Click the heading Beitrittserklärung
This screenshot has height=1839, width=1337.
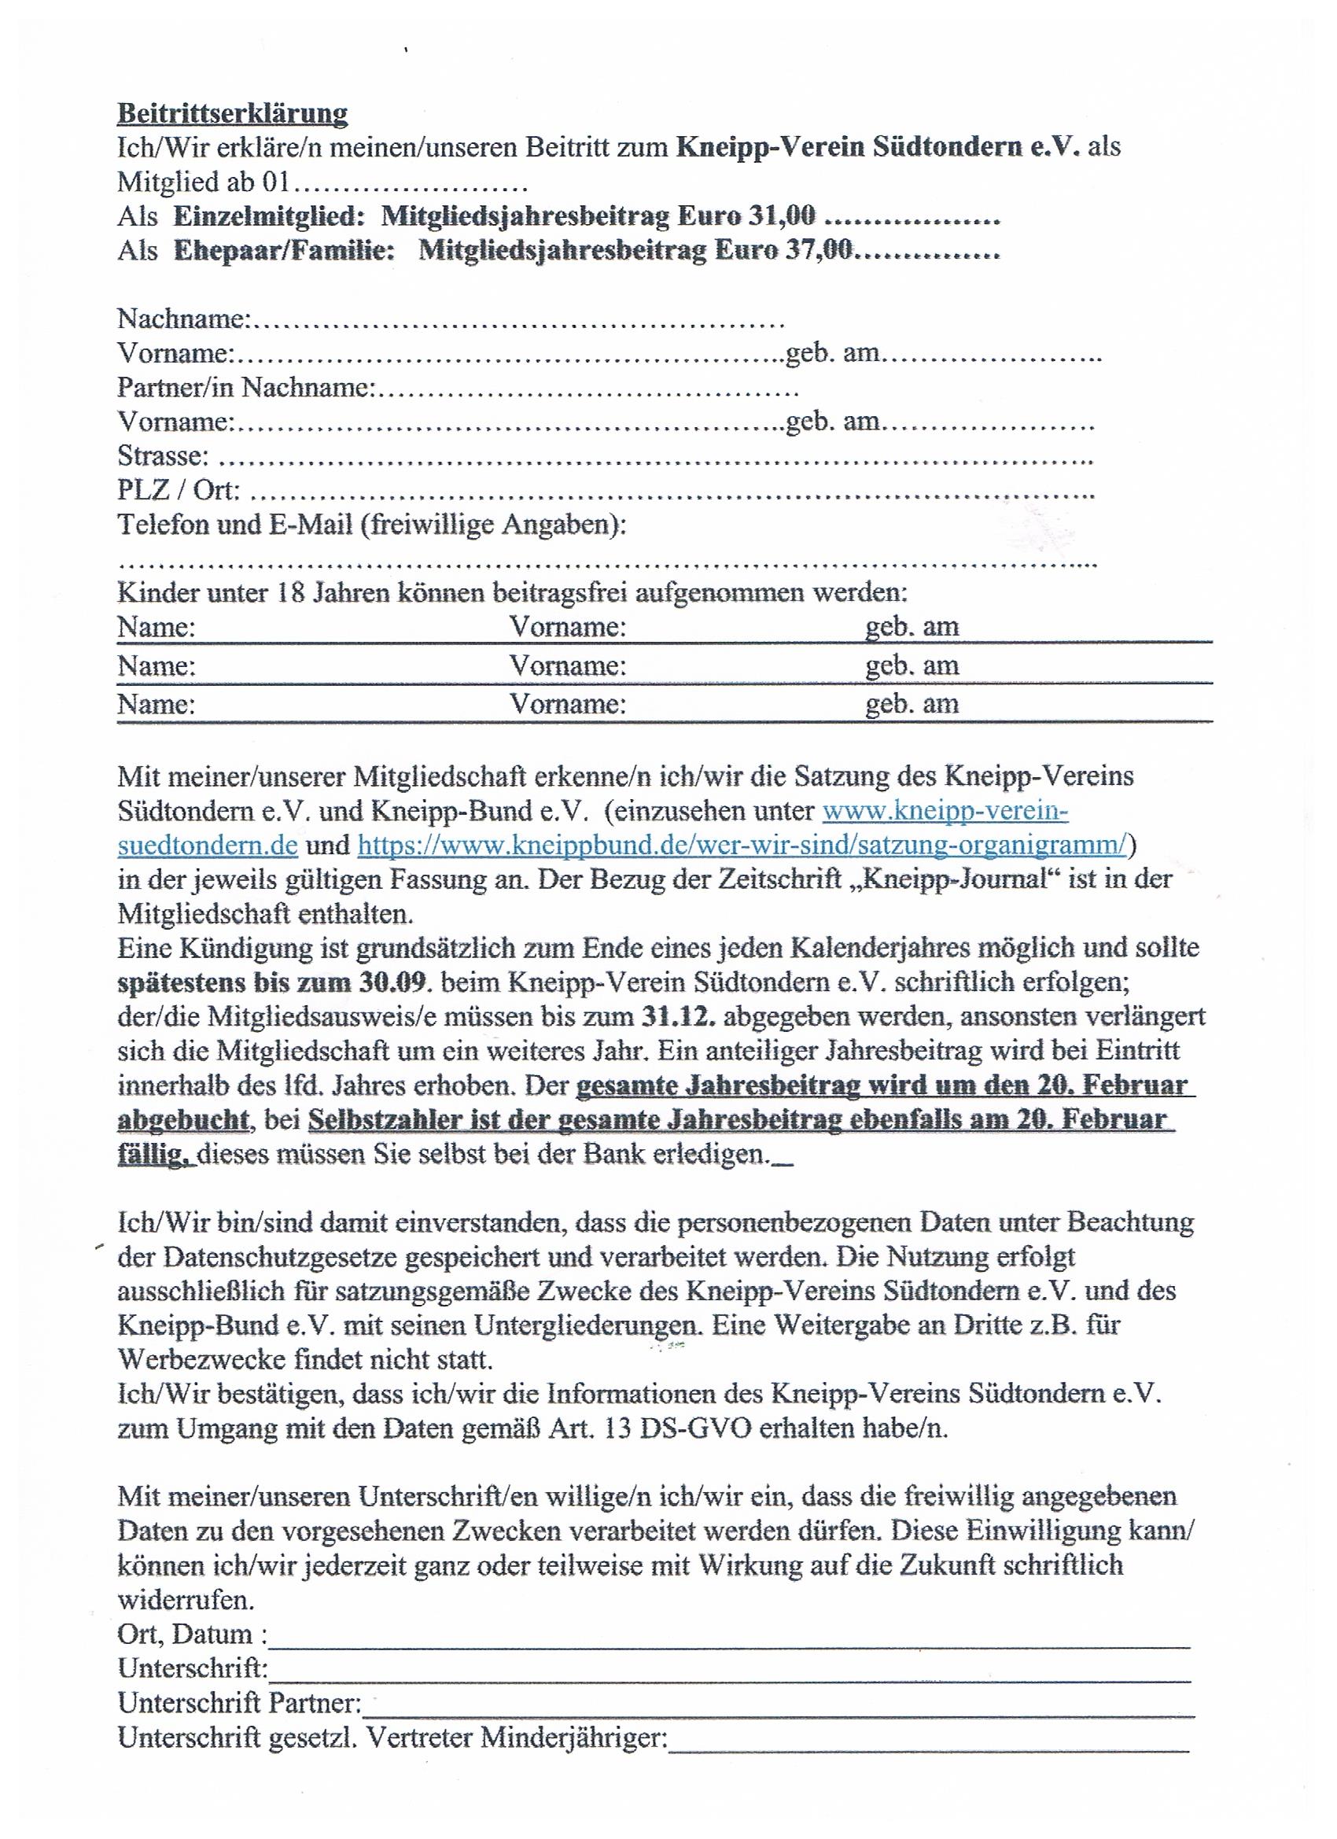233,112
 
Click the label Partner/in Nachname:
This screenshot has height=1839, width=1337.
245,388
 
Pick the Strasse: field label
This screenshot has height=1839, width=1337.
163,455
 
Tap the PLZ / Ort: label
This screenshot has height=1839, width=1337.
179,491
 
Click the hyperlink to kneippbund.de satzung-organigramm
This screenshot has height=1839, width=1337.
742,845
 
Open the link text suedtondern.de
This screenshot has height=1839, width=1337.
208,845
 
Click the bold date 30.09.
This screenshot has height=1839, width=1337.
391,982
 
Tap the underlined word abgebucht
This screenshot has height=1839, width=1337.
183,1120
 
